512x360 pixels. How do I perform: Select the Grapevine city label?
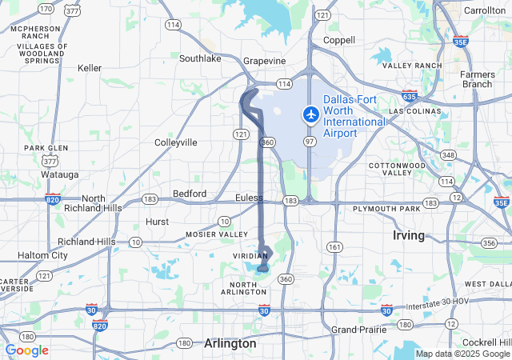click(265, 61)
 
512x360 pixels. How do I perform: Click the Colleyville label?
click(175, 142)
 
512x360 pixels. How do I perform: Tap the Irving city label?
click(410, 235)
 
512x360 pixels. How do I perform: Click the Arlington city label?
click(230, 342)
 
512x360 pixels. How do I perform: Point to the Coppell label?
click(338, 40)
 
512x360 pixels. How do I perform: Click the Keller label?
click(90, 68)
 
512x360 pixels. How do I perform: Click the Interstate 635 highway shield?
click(410, 96)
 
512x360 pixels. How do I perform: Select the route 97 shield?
click(309, 141)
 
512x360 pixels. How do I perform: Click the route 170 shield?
click(46, 9)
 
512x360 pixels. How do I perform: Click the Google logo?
click(26, 350)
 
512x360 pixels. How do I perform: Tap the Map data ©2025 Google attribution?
click(462, 354)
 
